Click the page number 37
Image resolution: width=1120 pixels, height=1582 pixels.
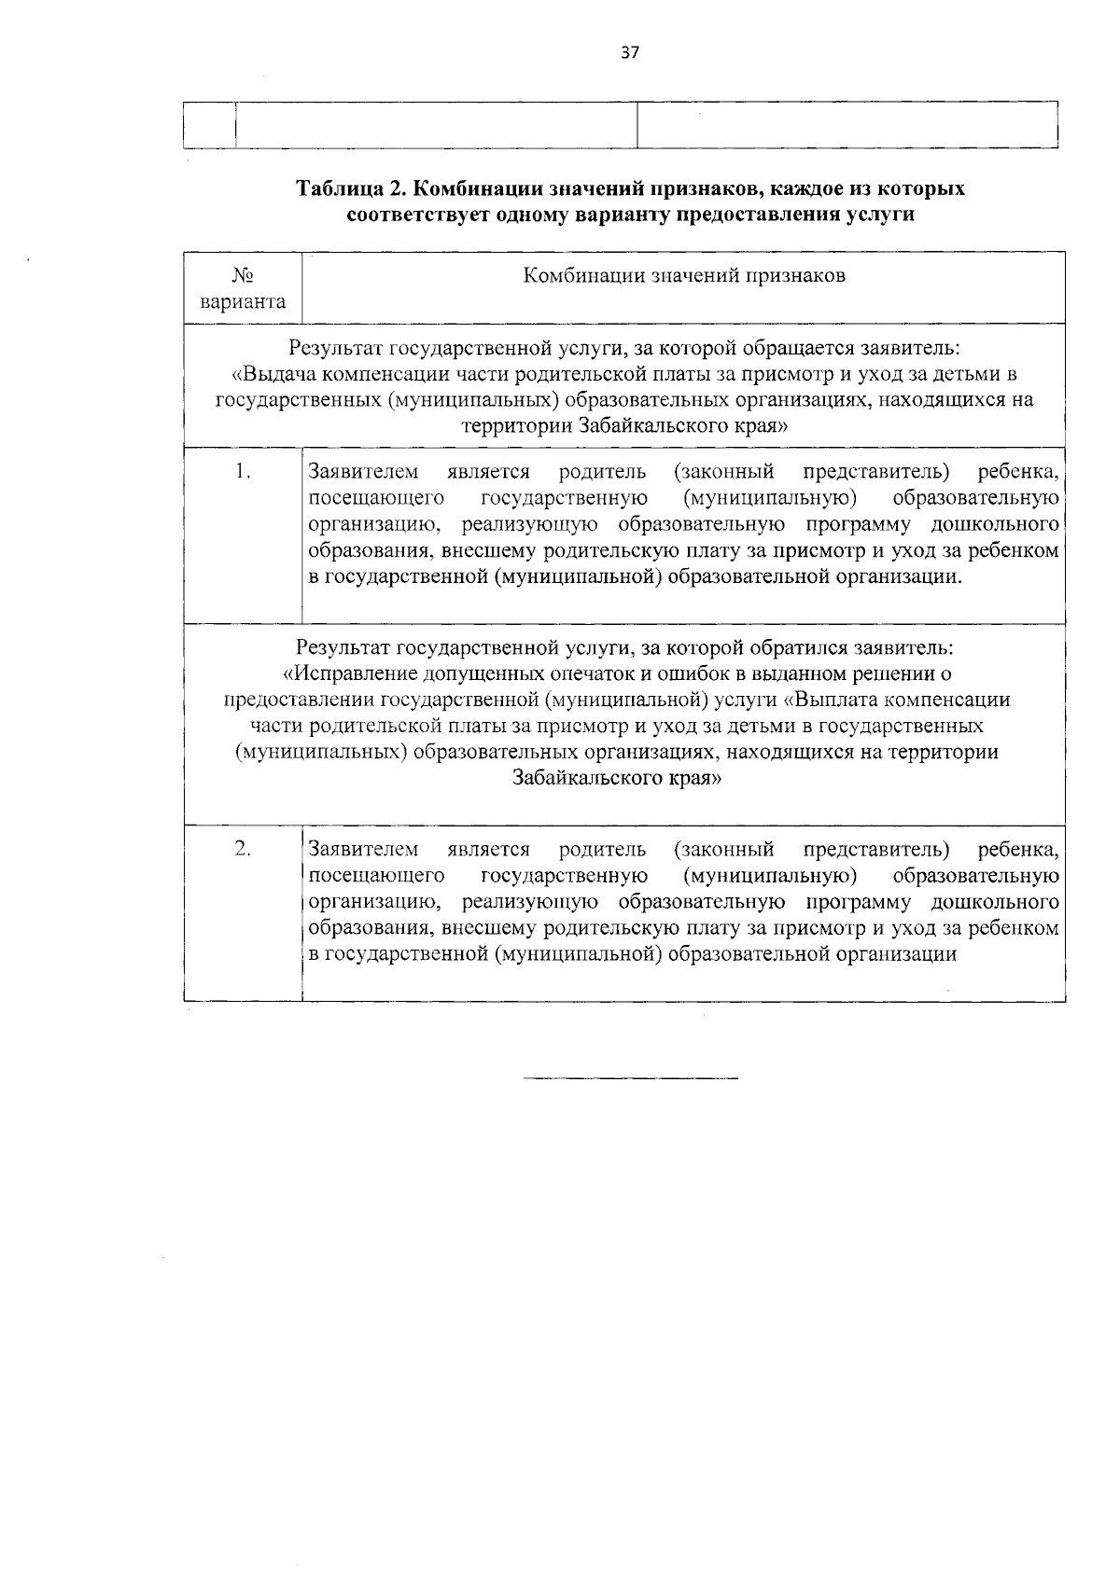tap(629, 54)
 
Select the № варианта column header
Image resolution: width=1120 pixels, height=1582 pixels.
tap(243, 289)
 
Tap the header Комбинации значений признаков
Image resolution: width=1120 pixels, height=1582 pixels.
tap(683, 276)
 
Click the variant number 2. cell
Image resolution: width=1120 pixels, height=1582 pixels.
tap(243, 849)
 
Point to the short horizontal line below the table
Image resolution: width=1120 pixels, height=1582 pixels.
tap(630, 1079)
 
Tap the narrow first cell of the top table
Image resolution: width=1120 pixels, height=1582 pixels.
tap(210, 125)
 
